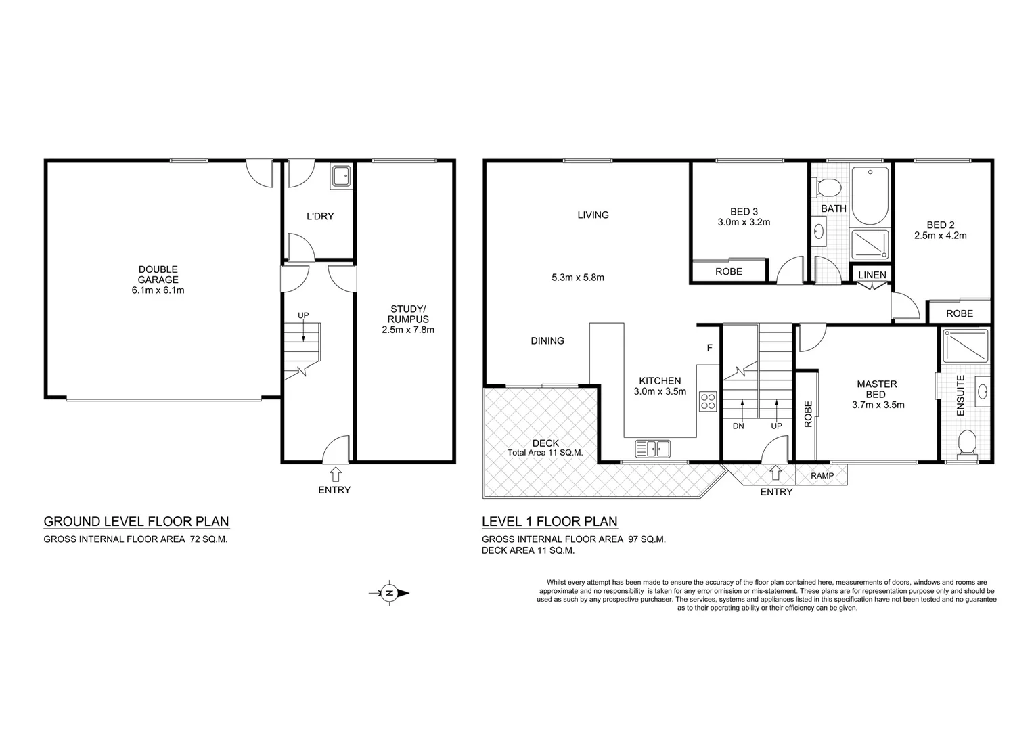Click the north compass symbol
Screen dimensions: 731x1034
point(390,593)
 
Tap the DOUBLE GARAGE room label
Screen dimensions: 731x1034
point(158,280)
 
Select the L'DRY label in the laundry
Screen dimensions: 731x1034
point(320,217)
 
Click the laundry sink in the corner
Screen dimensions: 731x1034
point(340,177)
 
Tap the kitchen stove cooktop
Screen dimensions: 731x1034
point(708,401)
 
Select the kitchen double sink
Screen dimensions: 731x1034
point(652,448)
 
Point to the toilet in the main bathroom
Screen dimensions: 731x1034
point(827,186)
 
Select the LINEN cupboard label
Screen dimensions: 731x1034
point(872,274)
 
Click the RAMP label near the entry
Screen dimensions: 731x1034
point(822,476)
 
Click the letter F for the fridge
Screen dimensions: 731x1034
point(709,348)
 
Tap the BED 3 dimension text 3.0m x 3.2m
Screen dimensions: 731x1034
point(744,221)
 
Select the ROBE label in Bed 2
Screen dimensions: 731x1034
point(959,313)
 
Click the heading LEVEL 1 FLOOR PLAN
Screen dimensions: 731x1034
point(549,521)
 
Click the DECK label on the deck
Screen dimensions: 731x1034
point(545,443)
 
